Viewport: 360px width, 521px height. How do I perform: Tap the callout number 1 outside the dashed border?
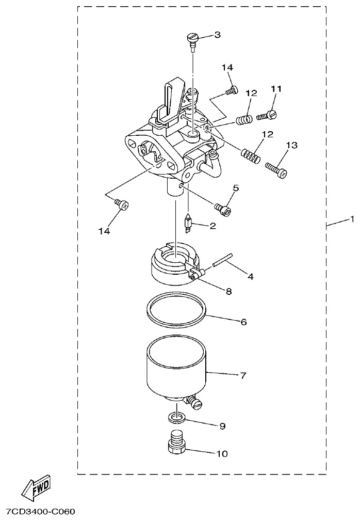[x=352, y=219]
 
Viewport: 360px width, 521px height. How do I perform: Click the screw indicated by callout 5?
[x=223, y=208]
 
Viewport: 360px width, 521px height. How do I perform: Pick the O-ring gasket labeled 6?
[x=175, y=311]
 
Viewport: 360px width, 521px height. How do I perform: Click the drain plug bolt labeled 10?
[x=178, y=444]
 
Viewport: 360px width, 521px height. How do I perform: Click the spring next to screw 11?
[x=244, y=120]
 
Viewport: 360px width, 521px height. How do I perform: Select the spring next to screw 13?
[x=250, y=154]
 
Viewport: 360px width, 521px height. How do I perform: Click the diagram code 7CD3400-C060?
[x=40, y=512]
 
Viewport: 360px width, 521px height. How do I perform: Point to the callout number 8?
[x=228, y=291]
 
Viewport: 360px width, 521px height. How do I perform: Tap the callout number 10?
[x=222, y=454]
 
